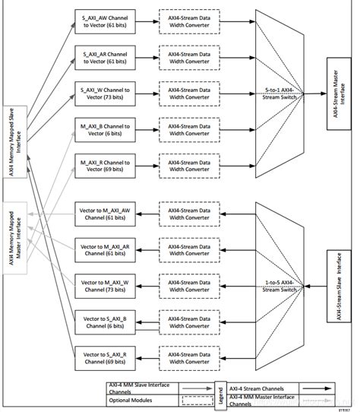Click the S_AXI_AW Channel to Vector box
point(106,21)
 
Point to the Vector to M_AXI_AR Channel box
point(106,249)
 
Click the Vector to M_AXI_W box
point(106,284)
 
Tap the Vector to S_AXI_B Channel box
point(106,319)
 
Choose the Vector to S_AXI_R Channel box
point(106,355)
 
